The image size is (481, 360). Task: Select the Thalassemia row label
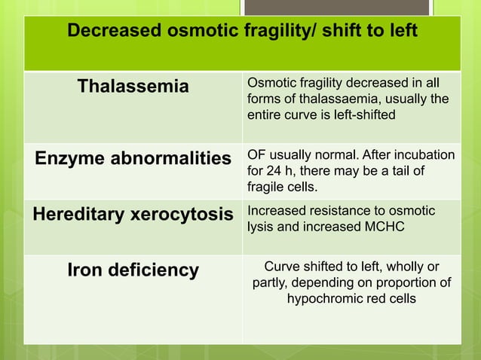(x=133, y=87)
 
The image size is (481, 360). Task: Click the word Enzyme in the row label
(x=67, y=158)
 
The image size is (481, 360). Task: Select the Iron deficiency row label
(x=133, y=270)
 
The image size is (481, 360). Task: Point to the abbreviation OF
(x=256, y=155)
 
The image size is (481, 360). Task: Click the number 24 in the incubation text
(x=271, y=171)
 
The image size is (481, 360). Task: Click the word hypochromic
(x=326, y=298)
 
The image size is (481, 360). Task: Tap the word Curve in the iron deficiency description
(x=282, y=267)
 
